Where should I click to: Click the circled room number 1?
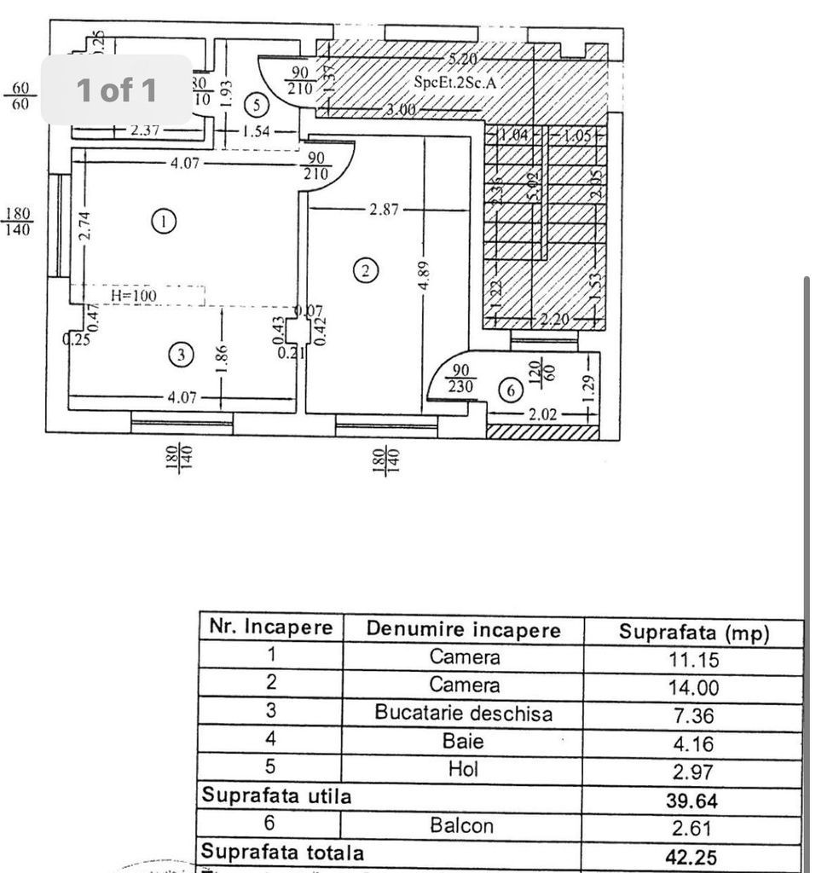pyautogui.click(x=164, y=222)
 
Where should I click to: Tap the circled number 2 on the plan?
pyautogui.click(x=365, y=271)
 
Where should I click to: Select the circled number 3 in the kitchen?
pyautogui.click(x=180, y=355)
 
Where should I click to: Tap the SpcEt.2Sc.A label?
pyautogui.click(x=454, y=83)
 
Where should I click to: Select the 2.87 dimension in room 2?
pyautogui.click(x=385, y=209)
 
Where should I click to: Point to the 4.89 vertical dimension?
pyautogui.click(x=424, y=275)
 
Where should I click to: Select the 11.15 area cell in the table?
pyautogui.click(x=694, y=660)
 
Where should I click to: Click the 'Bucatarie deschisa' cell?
pyautogui.click(x=463, y=714)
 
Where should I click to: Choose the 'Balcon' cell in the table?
pyautogui.click(x=463, y=825)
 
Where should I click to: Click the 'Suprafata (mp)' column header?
pyautogui.click(x=694, y=632)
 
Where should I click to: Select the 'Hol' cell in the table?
pyautogui.click(x=463, y=769)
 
